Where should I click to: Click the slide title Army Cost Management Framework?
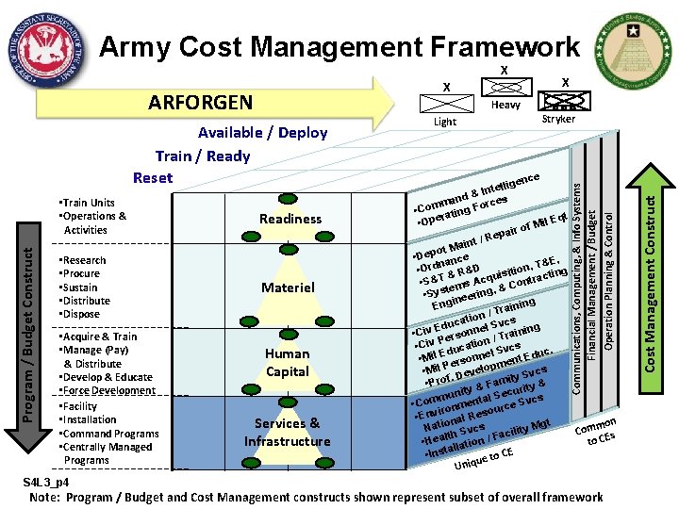pos(339,46)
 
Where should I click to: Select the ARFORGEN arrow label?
pos(200,102)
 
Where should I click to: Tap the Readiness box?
pos(290,219)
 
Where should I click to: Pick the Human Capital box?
pos(288,362)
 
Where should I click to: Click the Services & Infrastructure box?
pos(288,432)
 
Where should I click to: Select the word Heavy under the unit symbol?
pos(505,106)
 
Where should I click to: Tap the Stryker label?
pos(559,120)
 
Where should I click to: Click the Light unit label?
pos(444,122)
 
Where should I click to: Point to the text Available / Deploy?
pos(263,133)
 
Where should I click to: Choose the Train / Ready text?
pos(203,156)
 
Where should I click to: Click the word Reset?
pos(153,178)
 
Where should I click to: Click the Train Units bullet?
pos(89,203)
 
